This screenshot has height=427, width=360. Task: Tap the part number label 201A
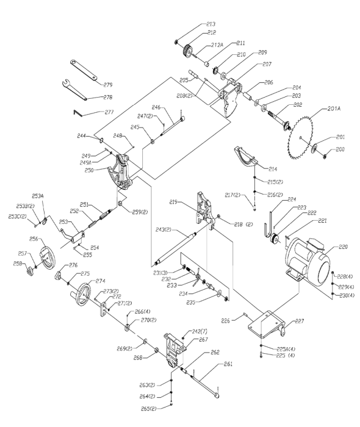(x=335, y=109)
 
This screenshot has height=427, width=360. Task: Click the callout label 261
(x=228, y=364)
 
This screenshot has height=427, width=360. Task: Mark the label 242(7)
(x=200, y=331)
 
